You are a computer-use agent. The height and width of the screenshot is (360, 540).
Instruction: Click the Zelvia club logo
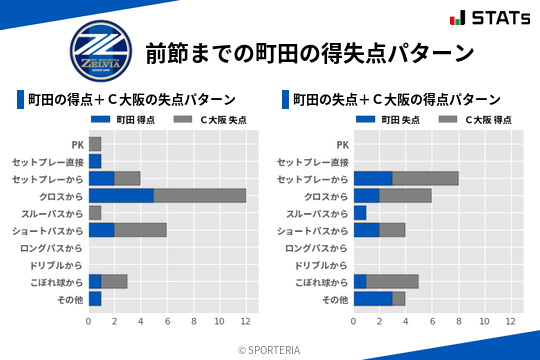[x=100, y=51]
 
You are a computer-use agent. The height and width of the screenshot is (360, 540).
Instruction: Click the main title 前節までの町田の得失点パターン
[x=309, y=52]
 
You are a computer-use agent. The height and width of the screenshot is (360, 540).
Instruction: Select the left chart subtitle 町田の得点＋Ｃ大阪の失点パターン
[x=131, y=99]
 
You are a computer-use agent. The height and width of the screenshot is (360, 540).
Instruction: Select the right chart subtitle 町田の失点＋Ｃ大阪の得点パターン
[x=396, y=99]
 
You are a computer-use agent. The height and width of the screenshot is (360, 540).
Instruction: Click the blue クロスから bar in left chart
[x=121, y=196]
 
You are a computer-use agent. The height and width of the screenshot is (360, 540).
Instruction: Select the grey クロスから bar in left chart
[x=200, y=196]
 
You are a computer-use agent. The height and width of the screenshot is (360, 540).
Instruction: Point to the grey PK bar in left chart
[x=95, y=144]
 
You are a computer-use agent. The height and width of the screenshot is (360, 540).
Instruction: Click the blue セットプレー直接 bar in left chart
[x=95, y=161]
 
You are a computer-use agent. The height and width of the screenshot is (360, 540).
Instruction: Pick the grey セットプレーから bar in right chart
[x=425, y=178]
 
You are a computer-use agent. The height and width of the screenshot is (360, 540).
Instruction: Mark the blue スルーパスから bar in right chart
[x=360, y=213]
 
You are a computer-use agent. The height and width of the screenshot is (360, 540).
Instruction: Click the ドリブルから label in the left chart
[x=56, y=265]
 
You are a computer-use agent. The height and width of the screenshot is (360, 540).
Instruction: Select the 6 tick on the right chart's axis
[x=432, y=321]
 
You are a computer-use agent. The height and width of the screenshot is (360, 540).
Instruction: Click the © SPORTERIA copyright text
[x=270, y=349]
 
